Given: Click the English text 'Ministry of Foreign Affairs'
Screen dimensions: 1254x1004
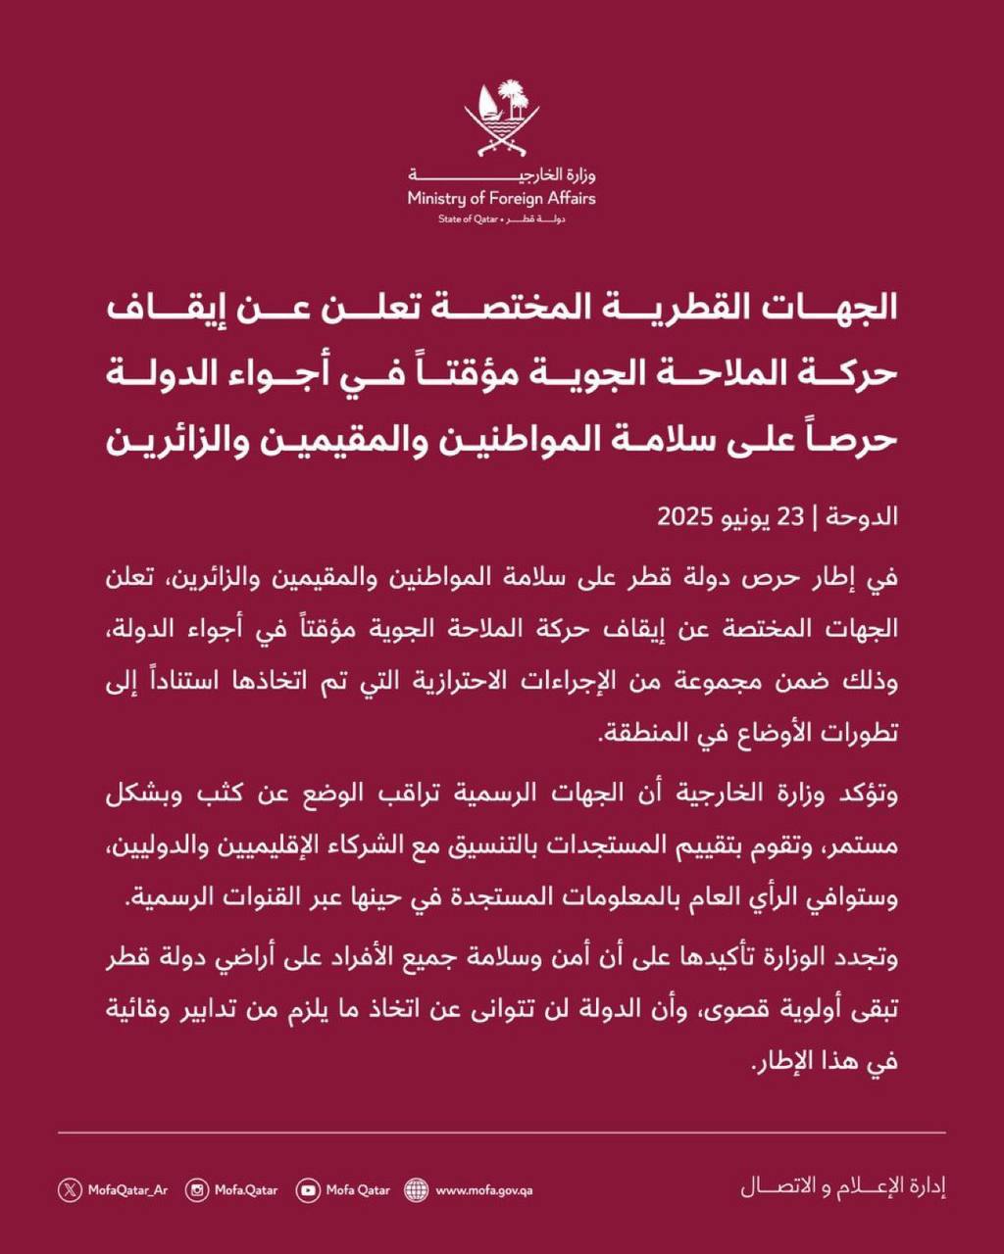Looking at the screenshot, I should tap(501, 199).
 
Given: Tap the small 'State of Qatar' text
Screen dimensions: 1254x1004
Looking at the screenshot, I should tap(469, 218).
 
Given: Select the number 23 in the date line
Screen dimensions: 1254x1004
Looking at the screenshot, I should tap(792, 517).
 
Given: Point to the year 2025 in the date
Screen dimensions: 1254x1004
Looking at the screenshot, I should tap(689, 517).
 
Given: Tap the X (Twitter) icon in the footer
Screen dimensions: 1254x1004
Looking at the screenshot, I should tap(70, 1190).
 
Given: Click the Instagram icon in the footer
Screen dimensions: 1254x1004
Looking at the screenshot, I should tap(198, 1190).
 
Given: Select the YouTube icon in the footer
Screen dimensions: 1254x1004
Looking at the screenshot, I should tap(309, 1190).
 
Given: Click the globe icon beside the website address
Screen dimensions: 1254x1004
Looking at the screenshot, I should tap(417, 1190).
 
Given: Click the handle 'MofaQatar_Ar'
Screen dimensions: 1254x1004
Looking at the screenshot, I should tap(127, 1190).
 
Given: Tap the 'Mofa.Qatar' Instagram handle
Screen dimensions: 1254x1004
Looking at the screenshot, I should tap(246, 1190).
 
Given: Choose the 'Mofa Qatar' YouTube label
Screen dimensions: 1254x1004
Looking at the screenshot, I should tap(358, 1190).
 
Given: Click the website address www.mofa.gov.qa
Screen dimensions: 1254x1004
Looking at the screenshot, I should tap(483, 1190).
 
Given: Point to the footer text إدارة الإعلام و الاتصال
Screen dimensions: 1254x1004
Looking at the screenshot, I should tap(842, 1188).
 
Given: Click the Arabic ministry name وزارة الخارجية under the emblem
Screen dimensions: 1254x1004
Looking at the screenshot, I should tap(501, 175).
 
